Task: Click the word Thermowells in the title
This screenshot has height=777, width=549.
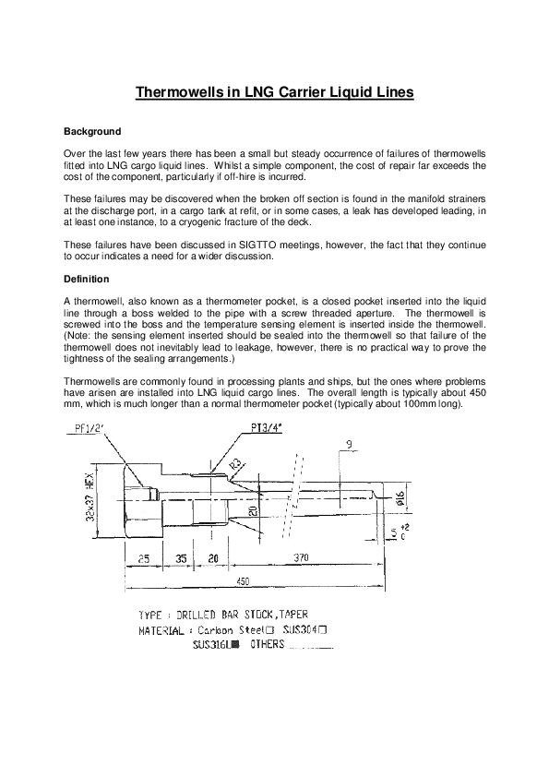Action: (x=173, y=92)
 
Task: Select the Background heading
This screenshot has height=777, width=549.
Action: (x=91, y=131)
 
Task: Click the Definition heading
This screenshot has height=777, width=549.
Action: (x=86, y=279)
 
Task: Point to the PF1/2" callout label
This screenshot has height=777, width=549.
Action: (x=86, y=428)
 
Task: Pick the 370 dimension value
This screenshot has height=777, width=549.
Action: (x=299, y=558)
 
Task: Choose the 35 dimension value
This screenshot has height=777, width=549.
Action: (x=181, y=558)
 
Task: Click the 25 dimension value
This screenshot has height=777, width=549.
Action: (x=145, y=558)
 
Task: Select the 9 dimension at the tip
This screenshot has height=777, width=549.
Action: (x=350, y=444)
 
